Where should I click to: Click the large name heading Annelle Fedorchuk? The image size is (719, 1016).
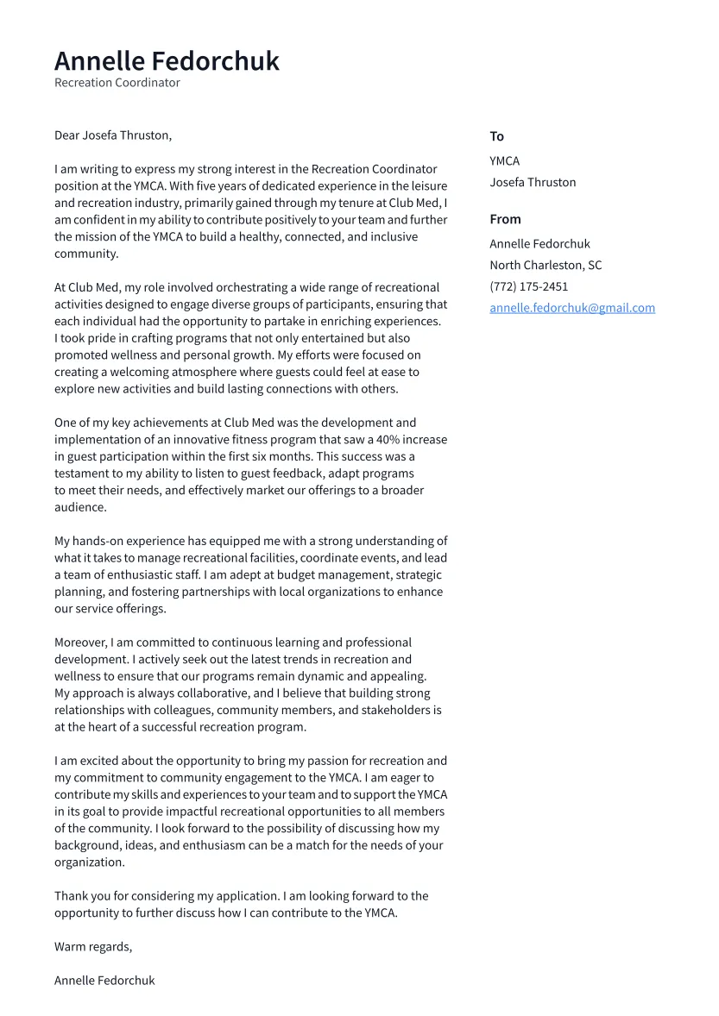(167, 61)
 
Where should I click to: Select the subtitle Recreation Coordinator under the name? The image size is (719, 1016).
(117, 83)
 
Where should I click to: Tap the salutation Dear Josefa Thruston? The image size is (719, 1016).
(113, 135)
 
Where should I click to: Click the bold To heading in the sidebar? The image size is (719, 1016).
(496, 136)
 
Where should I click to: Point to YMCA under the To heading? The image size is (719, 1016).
(504, 160)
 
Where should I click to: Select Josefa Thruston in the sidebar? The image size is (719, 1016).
(533, 182)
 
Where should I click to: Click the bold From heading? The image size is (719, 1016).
(505, 219)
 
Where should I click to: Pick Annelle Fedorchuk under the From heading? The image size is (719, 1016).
(539, 244)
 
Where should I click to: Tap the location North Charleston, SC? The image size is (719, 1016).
(546, 266)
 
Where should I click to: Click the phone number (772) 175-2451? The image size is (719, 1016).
(528, 286)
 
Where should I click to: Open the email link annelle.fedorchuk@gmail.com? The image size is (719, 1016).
(572, 308)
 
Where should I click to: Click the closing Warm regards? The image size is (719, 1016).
(93, 947)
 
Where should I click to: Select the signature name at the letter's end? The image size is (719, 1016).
(104, 981)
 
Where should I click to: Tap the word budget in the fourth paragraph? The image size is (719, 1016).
(300, 575)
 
